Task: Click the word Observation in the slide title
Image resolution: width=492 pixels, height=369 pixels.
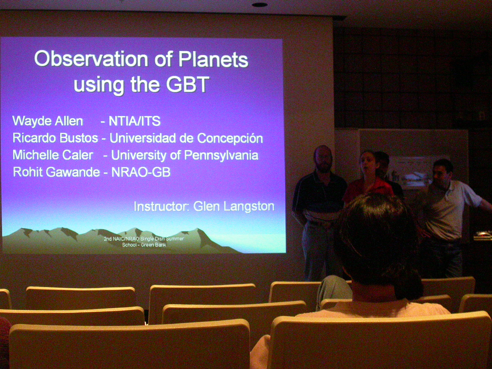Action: tap(91, 59)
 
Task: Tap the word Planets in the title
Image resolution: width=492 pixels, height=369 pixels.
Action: tap(213, 59)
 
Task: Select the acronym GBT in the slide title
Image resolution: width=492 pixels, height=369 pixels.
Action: tap(188, 84)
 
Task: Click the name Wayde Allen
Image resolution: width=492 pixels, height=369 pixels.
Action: tap(48, 121)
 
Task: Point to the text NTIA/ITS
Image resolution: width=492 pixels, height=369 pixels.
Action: tap(135, 121)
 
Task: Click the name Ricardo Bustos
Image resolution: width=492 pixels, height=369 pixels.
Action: tap(55, 138)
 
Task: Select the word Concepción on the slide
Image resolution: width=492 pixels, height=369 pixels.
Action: tap(230, 138)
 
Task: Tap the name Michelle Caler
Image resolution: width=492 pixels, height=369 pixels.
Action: tap(53, 155)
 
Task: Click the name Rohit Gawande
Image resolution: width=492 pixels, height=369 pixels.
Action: tap(57, 172)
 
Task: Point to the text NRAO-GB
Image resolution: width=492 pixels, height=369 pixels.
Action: tap(141, 172)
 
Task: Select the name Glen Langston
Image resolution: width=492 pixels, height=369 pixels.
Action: tap(234, 206)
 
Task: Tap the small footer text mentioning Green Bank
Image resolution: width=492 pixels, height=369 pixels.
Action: tap(144, 242)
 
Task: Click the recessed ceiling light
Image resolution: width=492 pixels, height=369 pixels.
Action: tap(259, 5)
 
